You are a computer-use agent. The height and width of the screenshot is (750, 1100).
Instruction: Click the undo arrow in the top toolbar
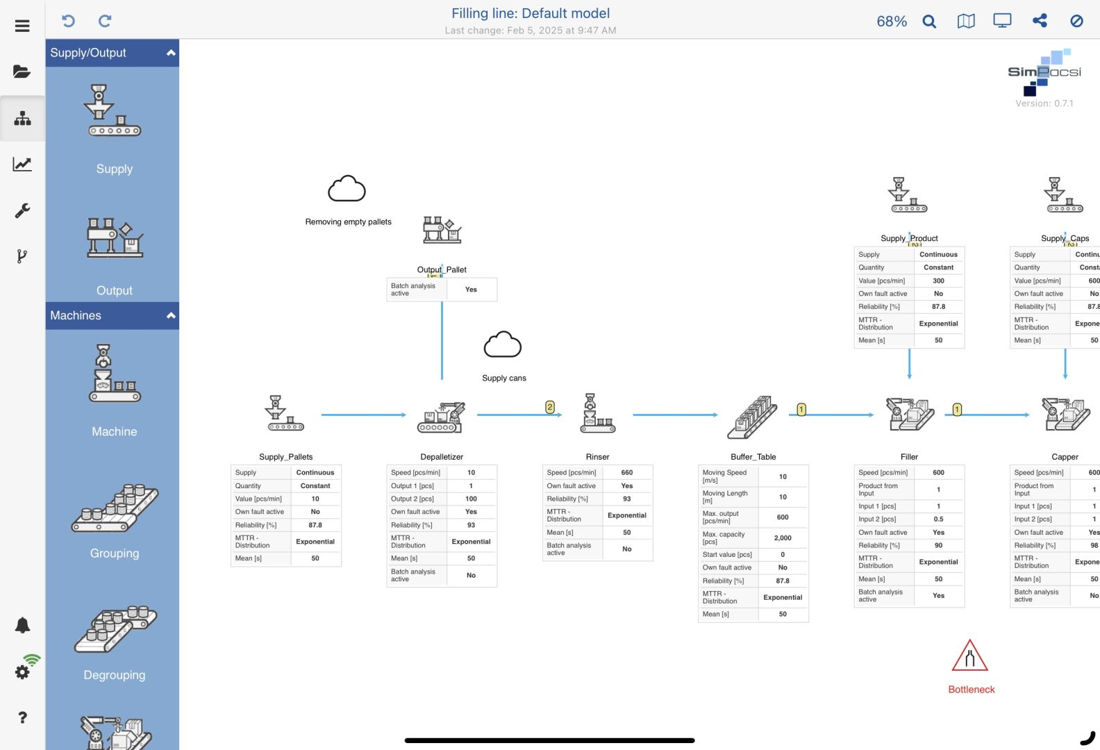pos(68,21)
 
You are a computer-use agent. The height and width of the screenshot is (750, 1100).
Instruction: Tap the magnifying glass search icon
pos(929,22)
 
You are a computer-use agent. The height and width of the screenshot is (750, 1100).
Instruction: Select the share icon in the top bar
pos(1040,21)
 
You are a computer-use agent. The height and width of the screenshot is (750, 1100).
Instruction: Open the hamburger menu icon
pos(22,26)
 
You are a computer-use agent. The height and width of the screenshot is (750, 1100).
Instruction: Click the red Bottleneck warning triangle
pos(970,656)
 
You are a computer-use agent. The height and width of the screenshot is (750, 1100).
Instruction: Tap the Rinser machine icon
pos(597,414)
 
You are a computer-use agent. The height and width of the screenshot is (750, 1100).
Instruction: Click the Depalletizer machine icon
pos(441,417)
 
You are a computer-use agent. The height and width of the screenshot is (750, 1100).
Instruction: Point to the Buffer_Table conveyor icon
pos(752,417)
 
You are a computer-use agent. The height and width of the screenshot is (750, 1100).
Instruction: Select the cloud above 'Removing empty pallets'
pos(347,189)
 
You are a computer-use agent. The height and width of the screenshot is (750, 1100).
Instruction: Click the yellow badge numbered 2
pos(550,408)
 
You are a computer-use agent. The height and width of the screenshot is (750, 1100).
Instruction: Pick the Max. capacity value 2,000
pos(783,538)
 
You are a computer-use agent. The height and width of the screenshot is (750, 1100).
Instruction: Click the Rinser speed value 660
pos(626,473)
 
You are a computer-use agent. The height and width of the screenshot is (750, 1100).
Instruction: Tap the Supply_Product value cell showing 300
pos(938,281)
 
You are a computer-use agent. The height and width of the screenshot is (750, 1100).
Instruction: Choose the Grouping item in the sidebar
pos(115,521)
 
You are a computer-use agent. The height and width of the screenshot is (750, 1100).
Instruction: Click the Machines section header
pos(112,316)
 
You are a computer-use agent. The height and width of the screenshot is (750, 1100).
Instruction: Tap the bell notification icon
pos(22,625)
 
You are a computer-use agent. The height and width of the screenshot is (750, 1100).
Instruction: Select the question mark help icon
pos(22,717)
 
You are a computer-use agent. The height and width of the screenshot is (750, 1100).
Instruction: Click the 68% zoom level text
pos(892,22)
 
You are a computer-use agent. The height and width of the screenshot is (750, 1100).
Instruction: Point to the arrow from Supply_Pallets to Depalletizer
pos(363,415)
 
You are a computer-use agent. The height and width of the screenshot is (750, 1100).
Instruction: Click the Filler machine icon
pos(909,414)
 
